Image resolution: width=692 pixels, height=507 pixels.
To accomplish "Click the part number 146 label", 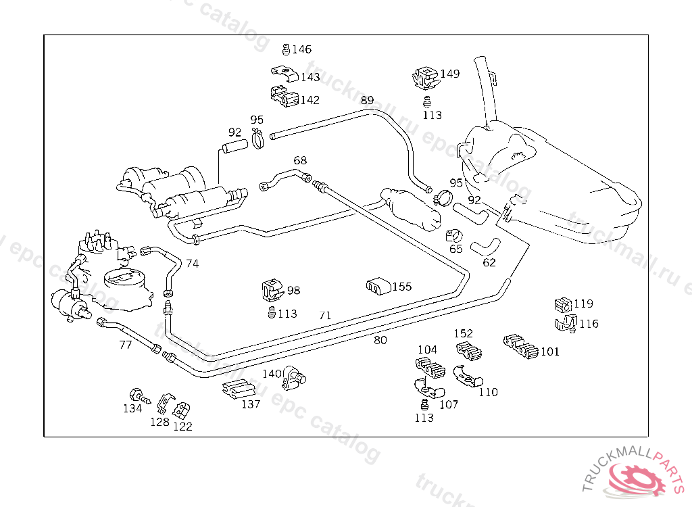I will click(301, 49).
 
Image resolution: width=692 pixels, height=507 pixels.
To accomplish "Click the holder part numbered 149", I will click(424, 78).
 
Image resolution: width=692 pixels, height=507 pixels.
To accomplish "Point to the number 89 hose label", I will click(367, 100).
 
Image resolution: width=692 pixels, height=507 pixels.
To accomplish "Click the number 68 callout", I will click(300, 161).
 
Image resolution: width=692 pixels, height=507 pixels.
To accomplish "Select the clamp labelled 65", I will click(454, 236).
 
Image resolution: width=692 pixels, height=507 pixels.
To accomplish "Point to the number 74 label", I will click(193, 264).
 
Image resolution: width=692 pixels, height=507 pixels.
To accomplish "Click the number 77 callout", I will click(126, 345).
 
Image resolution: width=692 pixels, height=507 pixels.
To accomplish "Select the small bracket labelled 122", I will click(181, 410).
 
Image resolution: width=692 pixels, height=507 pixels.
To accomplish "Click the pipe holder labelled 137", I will click(237, 389).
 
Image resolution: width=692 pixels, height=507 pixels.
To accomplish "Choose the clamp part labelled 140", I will click(294, 378).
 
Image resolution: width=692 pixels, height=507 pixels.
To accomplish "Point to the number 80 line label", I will click(380, 340).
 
